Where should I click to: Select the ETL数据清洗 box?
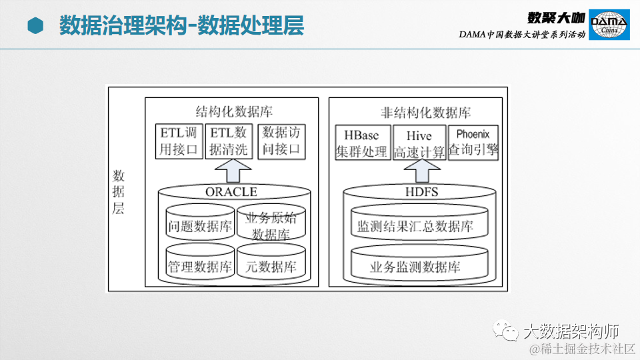coord(228,141)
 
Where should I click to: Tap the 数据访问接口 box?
coord(281,141)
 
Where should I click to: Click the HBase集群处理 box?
coord(361,143)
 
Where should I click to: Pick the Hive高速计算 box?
coord(419,143)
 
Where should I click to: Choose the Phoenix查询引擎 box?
coord(473,142)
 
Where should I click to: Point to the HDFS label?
coord(421,192)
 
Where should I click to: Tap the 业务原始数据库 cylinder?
coord(271,225)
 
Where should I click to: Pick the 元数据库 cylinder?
coord(271,265)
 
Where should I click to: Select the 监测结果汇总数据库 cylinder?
coord(415,225)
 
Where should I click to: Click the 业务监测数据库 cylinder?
coord(415,266)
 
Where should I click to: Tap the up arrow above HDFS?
coord(419,173)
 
